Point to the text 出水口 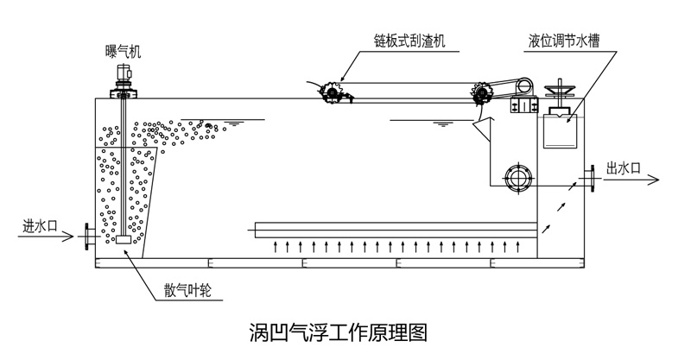coord(623,167)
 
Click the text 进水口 coord(40,226)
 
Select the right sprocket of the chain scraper coord(481,94)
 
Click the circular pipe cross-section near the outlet coord(519,178)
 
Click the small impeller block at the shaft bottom coord(123,241)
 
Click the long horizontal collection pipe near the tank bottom coord(397,230)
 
